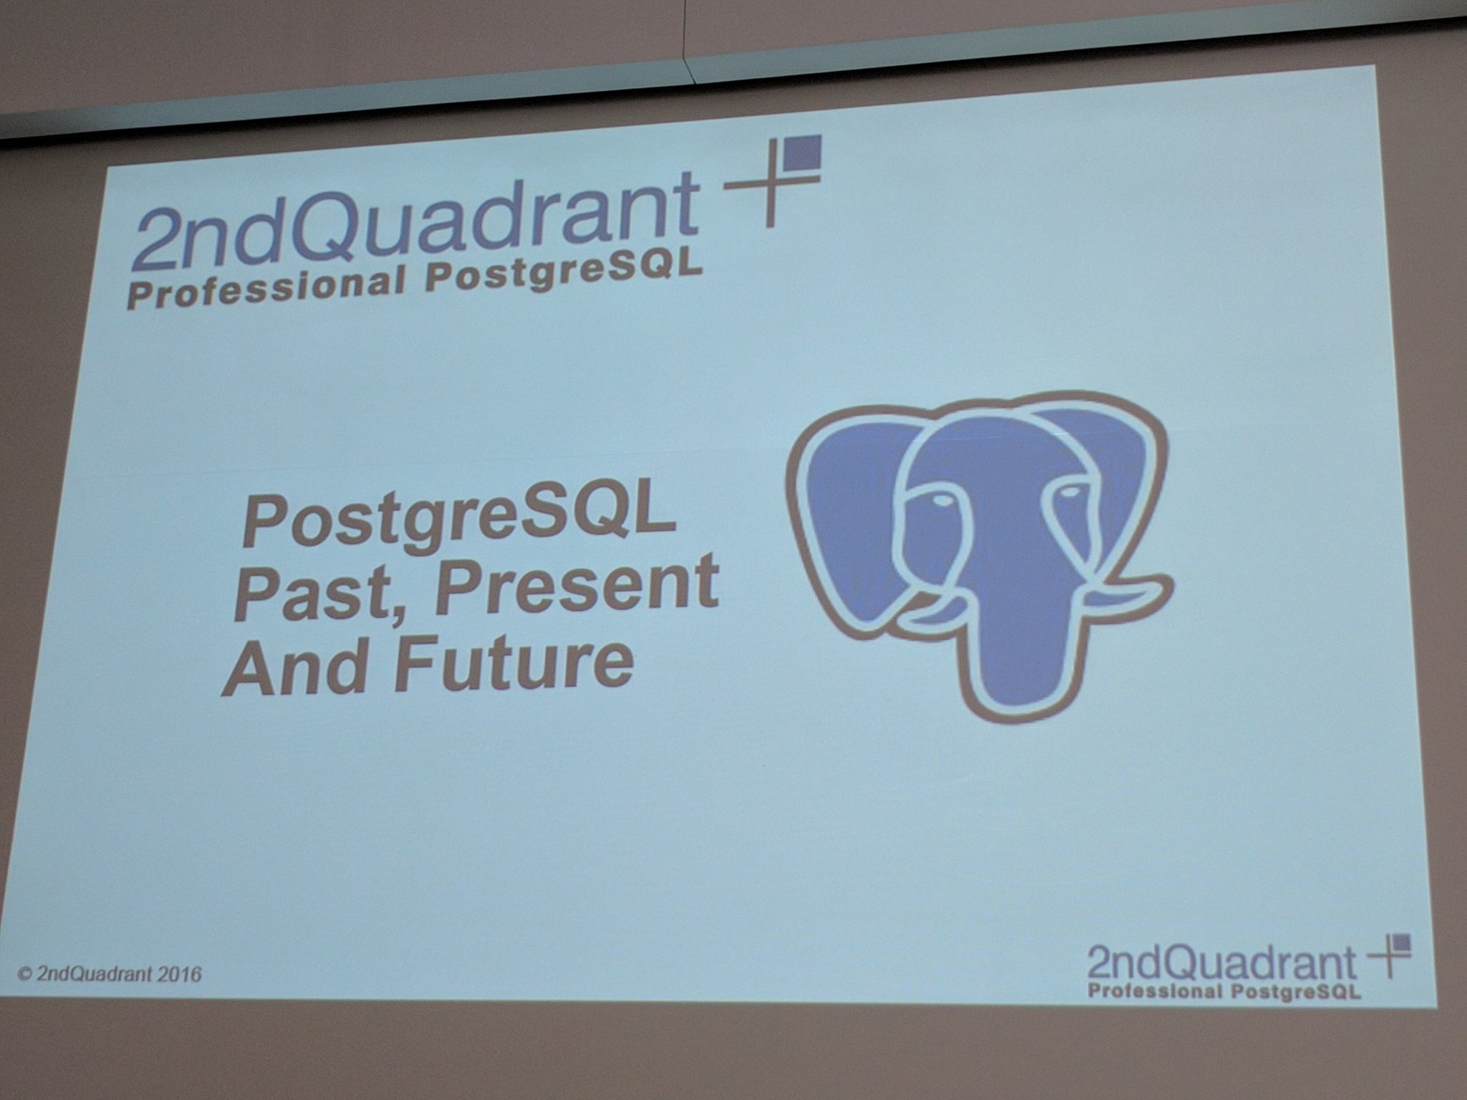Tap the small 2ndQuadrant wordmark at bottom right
1221,963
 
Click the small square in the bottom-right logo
1402,942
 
